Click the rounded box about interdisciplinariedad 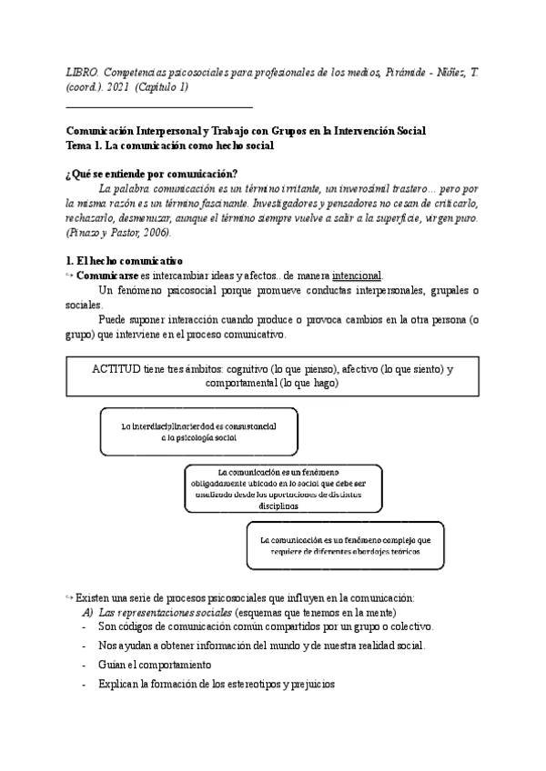[199, 431]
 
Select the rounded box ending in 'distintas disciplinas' [282, 490]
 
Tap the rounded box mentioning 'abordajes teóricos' [344, 545]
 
